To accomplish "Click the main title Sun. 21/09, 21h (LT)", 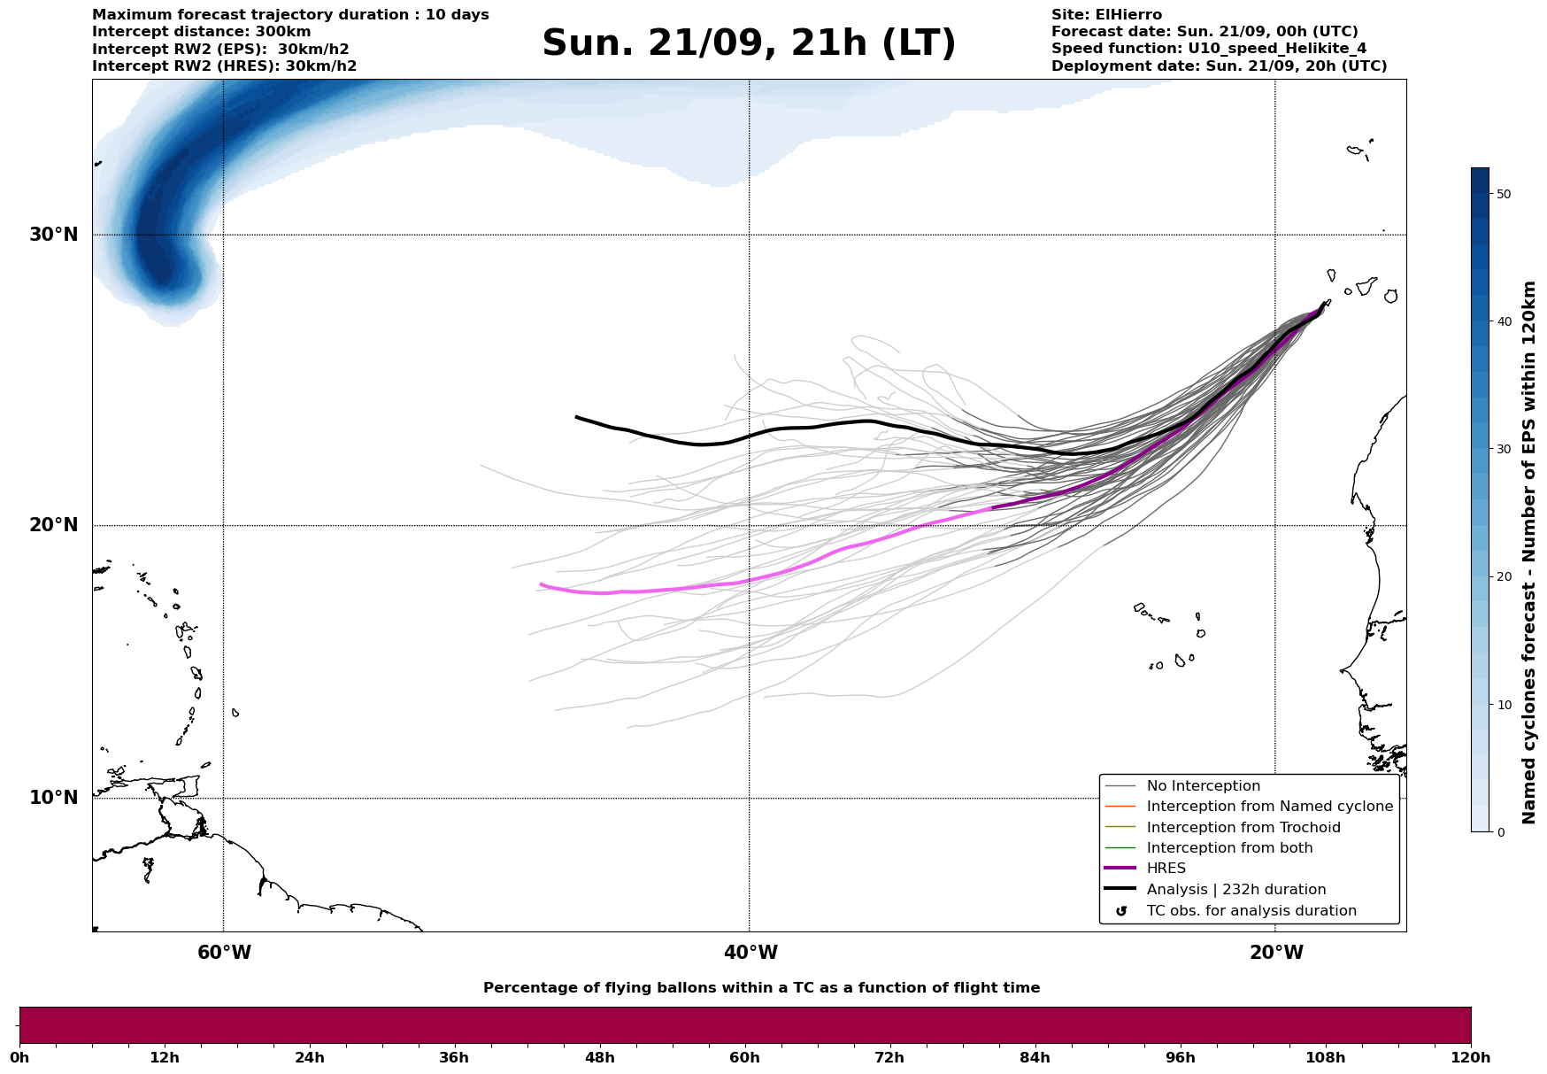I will coord(749,43).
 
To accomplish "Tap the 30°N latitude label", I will coord(53,235).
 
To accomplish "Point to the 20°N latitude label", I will coord(53,525).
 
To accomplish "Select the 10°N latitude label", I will coord(53,798).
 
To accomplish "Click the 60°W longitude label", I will coord(224,953).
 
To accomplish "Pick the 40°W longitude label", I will coord(750,953).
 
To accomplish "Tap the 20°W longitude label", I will coord(1275,953).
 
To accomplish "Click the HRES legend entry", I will coord(1166,869).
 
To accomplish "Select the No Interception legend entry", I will coord(1203,786).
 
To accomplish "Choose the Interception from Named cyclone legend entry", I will coord(1269,807).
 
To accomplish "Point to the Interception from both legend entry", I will coord(1229,848).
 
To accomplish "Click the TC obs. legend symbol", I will coord(1121,911).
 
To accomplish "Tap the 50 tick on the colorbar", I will coord(1503,194).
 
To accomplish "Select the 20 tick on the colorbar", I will coord(1503,577).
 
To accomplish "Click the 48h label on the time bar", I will coord(599,1058).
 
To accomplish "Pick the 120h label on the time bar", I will coord(1470,1058).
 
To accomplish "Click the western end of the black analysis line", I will coord(577,417).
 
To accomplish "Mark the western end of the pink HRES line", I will coord(542,584).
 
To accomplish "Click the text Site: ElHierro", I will coord(1106,15).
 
